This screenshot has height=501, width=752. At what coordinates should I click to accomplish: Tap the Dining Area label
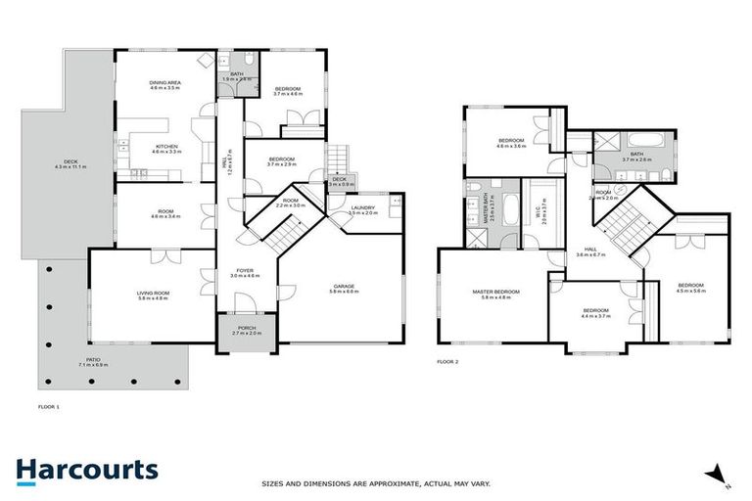164,85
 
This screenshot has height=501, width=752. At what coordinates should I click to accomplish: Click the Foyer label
245,273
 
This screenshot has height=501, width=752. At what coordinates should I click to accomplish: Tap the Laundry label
363,209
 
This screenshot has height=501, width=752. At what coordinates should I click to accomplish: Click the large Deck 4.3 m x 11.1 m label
70,164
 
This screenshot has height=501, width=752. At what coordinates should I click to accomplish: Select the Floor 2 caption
447,361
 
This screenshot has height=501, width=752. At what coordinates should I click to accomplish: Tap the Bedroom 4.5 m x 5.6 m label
689,288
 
